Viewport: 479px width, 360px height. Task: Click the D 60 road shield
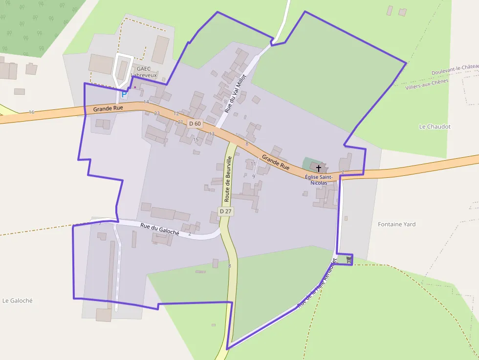(195, 124)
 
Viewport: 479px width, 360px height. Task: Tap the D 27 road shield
(225, 211)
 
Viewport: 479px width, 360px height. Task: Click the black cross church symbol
(319, 168)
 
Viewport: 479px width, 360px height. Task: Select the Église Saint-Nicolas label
(319, 180)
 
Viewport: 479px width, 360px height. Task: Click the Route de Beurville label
(228, 179)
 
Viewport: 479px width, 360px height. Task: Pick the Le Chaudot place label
(435, 127)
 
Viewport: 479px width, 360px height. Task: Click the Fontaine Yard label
(396, 224)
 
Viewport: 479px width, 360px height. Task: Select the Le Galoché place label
(18, 300)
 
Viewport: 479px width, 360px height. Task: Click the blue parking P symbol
(124, 93)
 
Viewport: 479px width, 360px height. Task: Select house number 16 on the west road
(31, 112)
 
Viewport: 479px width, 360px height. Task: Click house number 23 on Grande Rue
(157, 113)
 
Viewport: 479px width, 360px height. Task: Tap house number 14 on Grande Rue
(146, 102)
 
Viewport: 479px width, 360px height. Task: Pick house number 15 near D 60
(196, 140)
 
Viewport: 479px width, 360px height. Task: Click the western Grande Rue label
(108, 108)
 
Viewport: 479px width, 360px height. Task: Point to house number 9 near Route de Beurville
(253, 176)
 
